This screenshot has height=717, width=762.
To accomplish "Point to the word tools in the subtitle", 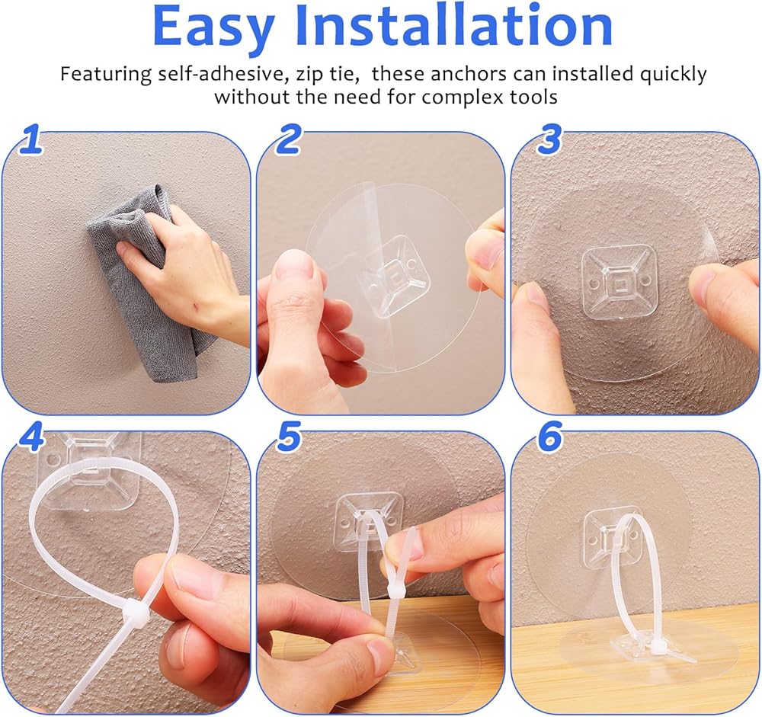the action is click(533, 97).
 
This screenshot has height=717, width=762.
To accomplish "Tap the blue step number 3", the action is click(549, 139).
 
